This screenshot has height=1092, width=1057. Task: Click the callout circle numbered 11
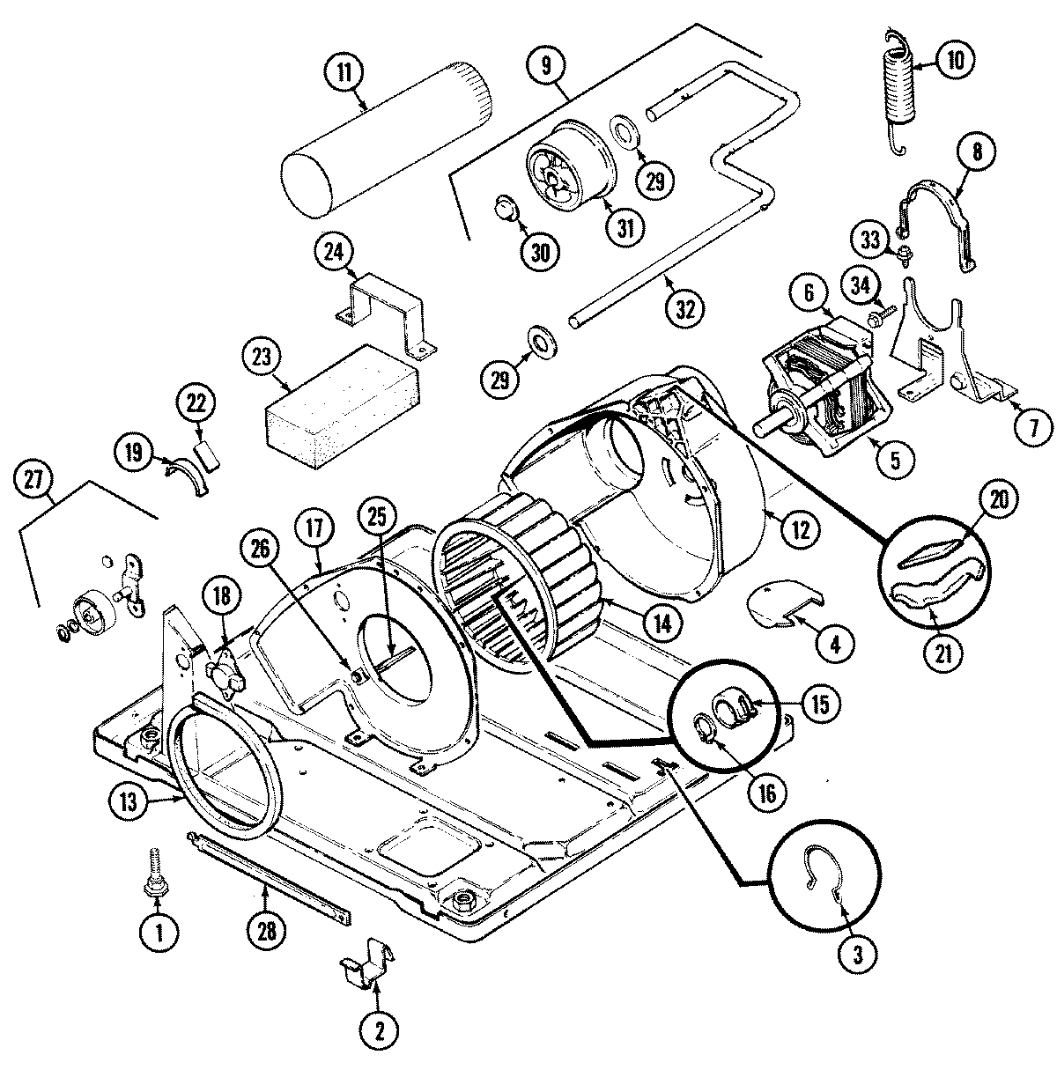(x=344, y=73)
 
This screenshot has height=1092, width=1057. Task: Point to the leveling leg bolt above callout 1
(x=154, y=873)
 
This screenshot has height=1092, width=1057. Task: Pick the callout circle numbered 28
(x=265, y=938)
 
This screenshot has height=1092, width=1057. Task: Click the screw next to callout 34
(x=882, y=310)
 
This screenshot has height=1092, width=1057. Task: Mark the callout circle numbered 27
(x=34, y=481)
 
